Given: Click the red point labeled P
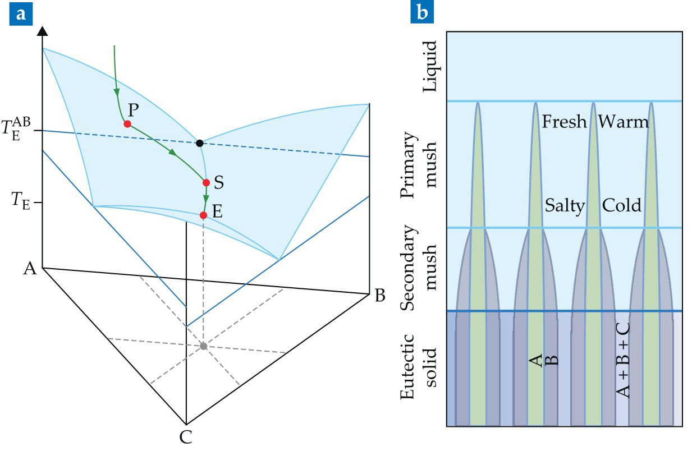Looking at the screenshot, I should tap(127, 124).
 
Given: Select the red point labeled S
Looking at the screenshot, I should tap(206, 182).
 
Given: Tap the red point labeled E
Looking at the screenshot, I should tap(204, 215).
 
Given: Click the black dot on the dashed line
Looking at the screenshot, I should tap(199, 144).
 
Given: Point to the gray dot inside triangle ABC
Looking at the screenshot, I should tap(204, 346).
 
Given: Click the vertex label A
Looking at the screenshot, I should tap(30, 270).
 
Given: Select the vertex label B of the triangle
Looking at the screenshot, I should tap(380, 296).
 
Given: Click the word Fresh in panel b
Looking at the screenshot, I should tap(564, 122).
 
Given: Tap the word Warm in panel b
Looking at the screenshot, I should tap(623, 122).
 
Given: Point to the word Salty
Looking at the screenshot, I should tap(565, 205).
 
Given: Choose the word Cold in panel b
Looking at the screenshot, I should tap(622, 205).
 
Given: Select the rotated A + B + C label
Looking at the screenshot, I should tap(624, 359).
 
